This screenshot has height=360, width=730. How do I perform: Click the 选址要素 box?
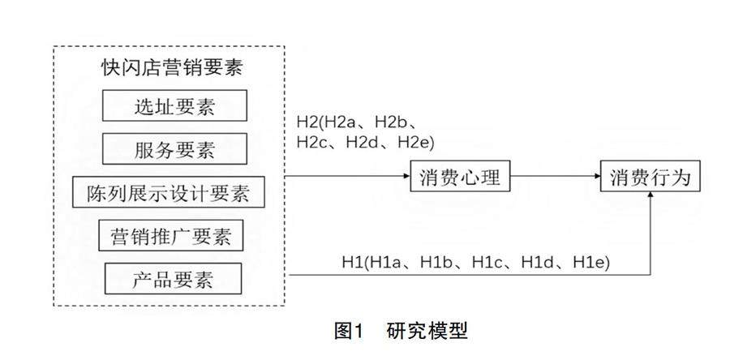tap(175, 106)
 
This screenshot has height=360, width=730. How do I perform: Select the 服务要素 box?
tap(175, 149)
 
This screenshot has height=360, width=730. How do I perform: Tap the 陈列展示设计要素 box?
tap(169, 193)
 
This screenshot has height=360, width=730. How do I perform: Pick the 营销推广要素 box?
tap(171, 236)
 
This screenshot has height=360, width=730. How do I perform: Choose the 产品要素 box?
tap(174, 280)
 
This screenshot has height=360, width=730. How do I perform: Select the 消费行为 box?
tap(651, 177)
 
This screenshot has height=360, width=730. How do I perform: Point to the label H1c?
tap(492, 262)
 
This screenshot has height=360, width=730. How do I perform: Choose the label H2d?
tap(367, 143)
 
